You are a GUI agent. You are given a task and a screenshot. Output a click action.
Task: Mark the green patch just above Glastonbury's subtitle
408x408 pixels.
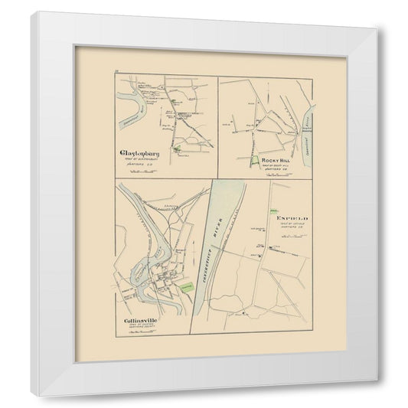click(177, 149)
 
